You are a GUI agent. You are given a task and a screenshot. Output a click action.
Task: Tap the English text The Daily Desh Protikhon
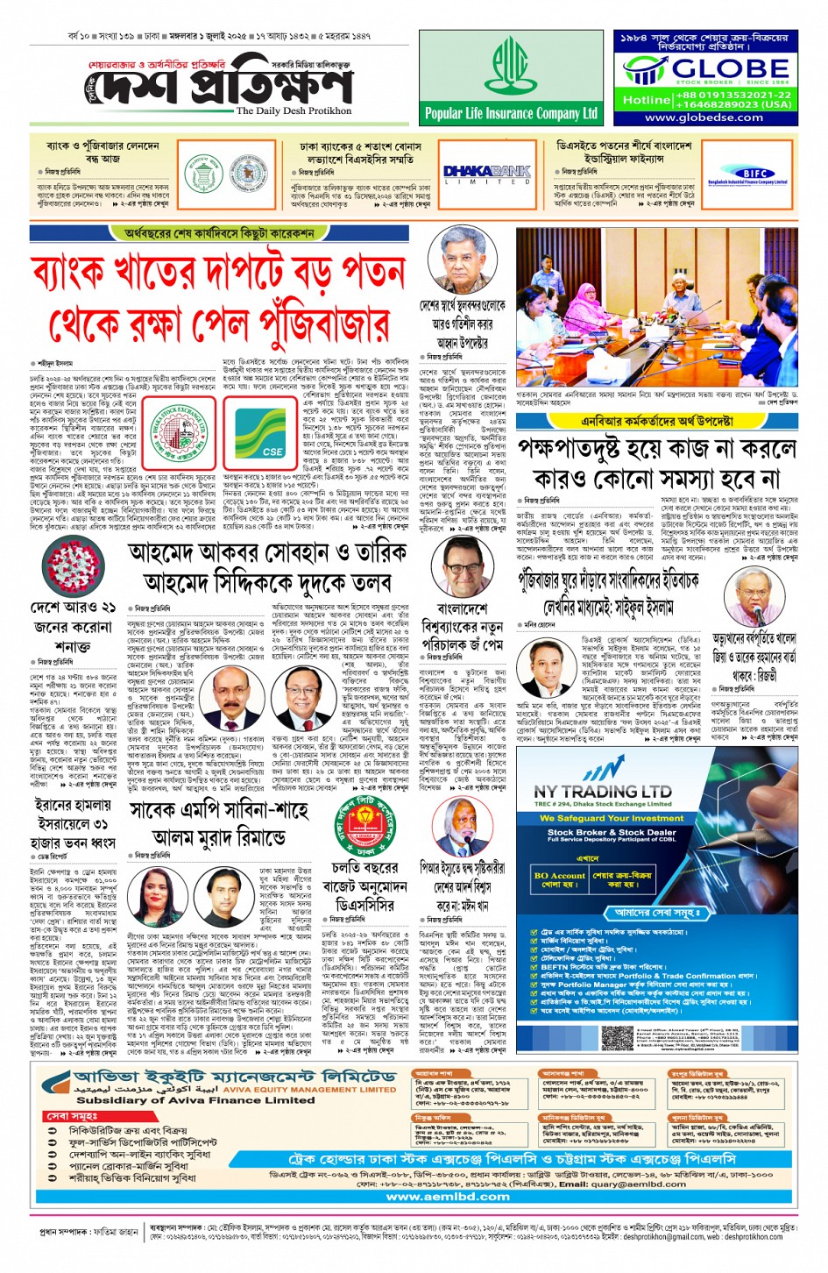(x=294, y=111)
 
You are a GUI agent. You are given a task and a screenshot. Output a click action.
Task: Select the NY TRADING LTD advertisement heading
(x=603, y=792)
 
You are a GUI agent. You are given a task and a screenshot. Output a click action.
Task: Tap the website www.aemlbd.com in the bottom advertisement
(x=448, y=1196)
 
